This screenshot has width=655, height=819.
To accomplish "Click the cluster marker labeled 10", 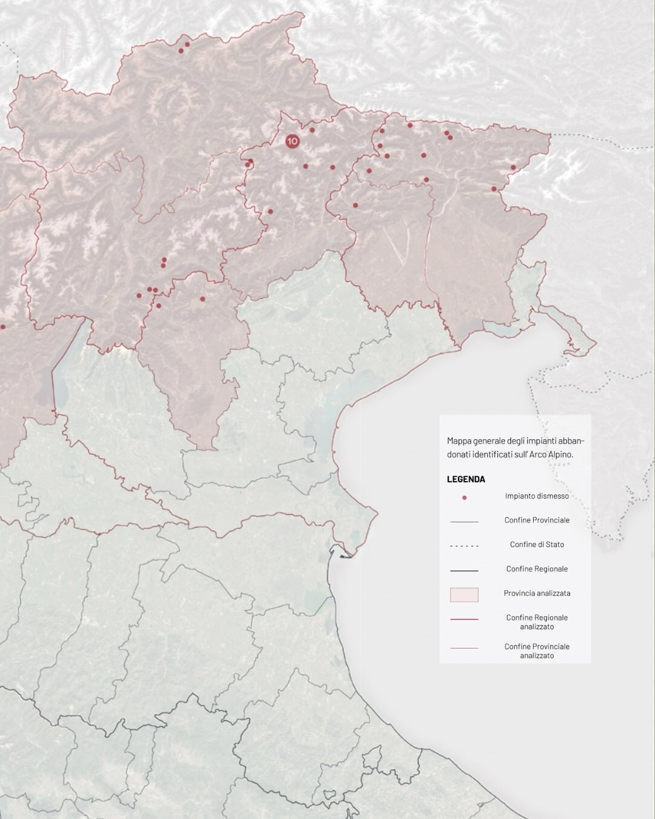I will (x=292, y=141).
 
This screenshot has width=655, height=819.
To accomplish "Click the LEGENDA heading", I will (x=466, y=479).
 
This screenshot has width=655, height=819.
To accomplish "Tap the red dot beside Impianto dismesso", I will (x=464, y=497).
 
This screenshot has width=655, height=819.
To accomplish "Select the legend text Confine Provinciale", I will (x=537, y=520).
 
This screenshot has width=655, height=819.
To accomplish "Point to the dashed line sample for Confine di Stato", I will (x=464, y=546).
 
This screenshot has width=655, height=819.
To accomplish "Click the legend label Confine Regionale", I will (x=537, y=569).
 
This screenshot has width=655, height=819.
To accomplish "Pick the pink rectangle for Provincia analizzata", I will (x=464, y=595).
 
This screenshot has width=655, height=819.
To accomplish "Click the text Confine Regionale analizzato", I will (x=537, y=622).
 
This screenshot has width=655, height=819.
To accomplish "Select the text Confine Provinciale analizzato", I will (x=537, y=651).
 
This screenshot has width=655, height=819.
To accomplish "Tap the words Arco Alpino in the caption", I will (x=553, y=453).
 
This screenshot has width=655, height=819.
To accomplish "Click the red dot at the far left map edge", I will (x=2, y=326).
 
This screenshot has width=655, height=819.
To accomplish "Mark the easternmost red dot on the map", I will (x=513, y=167).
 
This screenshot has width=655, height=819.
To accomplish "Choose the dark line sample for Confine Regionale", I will (x=464, y=571).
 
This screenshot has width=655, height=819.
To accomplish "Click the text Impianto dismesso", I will (x=537, y=496).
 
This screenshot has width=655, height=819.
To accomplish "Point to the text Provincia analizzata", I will (x=537, y=593).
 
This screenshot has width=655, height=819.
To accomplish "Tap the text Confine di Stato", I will (x=537, y=544).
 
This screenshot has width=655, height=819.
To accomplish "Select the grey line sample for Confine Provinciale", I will (x=464, y=522).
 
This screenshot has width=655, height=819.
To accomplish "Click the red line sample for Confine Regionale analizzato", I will (x=464, y=619).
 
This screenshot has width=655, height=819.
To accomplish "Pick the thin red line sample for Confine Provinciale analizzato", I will (x=464, y=649).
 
